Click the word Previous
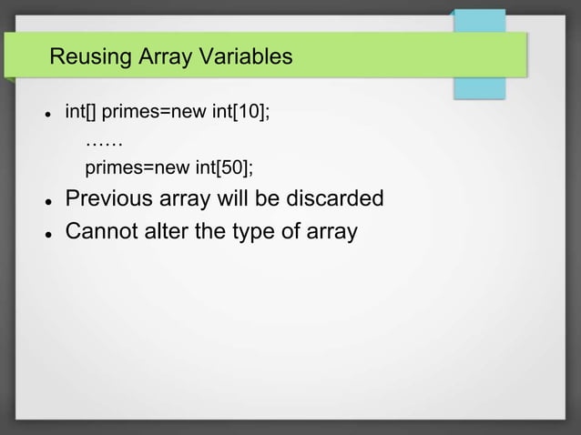[x=111, y=198]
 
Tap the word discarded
[x=337, y=198]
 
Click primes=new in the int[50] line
[x=137, y=168]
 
